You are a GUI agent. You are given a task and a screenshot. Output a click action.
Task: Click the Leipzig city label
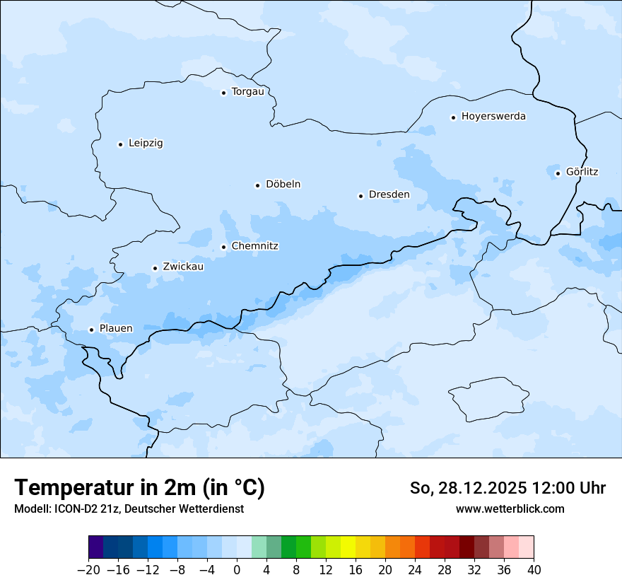click(x=146, y=143)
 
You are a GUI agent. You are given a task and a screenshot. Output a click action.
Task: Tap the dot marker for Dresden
click(x=360, y=196)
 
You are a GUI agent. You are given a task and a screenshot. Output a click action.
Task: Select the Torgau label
click(x=247, y=91)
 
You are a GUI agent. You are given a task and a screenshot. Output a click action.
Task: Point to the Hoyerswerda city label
click(x=493, y=116)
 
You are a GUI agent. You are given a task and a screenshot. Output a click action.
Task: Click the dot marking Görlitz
click(x=558, y=173)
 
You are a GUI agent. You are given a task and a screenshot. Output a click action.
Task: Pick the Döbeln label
click(x=283, y=184)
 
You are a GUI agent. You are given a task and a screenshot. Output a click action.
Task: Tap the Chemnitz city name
click(x=254, y=246)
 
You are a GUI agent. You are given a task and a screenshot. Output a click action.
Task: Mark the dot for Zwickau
click(x=155, y=268)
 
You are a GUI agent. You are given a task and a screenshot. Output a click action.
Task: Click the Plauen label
click(x=116, y=328)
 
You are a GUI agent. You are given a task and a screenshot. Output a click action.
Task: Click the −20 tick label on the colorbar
click(x=88, y=570)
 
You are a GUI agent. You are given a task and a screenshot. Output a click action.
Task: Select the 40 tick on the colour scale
click(x=534, y=570)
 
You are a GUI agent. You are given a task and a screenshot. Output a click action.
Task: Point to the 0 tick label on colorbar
click(x=237, y=570)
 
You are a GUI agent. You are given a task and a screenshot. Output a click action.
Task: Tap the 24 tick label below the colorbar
click(x=415, y=570)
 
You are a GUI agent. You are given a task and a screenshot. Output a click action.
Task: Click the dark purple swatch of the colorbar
click(x=95, y=547)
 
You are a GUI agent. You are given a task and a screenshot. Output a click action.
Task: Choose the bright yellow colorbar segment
click(x=348, y=547)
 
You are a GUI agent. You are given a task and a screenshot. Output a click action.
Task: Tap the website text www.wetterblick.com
click(x=510, y=508)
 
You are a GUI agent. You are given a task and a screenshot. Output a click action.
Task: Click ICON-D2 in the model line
click(x=74, y=508)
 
